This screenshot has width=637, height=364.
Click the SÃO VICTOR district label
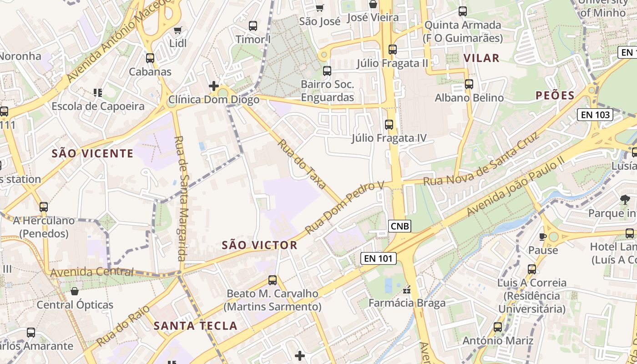click(259, 245)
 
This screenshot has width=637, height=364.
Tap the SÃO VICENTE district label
click(92, 153)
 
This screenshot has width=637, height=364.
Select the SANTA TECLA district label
click(195, 326)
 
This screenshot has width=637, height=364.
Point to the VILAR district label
click(481, 58)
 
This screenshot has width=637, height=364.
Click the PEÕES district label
click(555, 95)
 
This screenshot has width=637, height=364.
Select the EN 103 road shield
click(595, 115)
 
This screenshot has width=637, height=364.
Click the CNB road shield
click(400, 226)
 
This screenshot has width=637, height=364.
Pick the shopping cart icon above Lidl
click(177, 30)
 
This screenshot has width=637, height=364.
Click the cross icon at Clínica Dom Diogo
click(213, 86)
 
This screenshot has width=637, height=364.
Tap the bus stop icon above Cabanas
click(150, 58)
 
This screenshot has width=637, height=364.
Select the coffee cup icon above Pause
click(542, 237)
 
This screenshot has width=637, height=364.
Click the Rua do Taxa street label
click(302, 164)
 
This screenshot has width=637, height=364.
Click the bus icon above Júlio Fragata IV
click(389, 124)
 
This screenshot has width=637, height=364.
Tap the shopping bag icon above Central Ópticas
click(75, 291)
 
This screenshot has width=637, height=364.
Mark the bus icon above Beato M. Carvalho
click(273, 280)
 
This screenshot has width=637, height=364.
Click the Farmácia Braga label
click(407, 303)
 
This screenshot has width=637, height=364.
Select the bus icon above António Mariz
click(498, 327)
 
